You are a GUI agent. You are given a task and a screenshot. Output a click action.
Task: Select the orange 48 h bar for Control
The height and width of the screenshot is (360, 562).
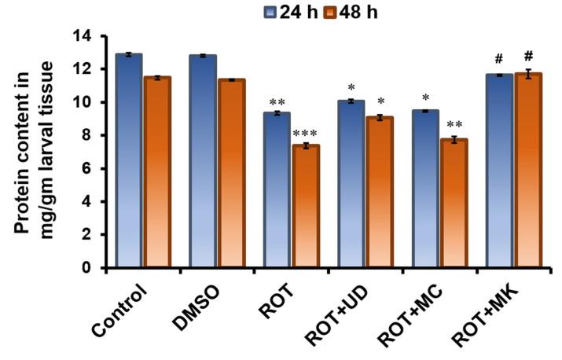coord(156,173)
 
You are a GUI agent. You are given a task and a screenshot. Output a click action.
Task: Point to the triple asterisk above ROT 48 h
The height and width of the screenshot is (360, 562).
coord(303,134)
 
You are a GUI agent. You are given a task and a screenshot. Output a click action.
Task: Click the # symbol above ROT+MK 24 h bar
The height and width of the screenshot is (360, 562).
coord(499,61)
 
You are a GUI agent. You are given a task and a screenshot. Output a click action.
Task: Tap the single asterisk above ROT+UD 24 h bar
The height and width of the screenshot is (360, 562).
coord(351,87)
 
